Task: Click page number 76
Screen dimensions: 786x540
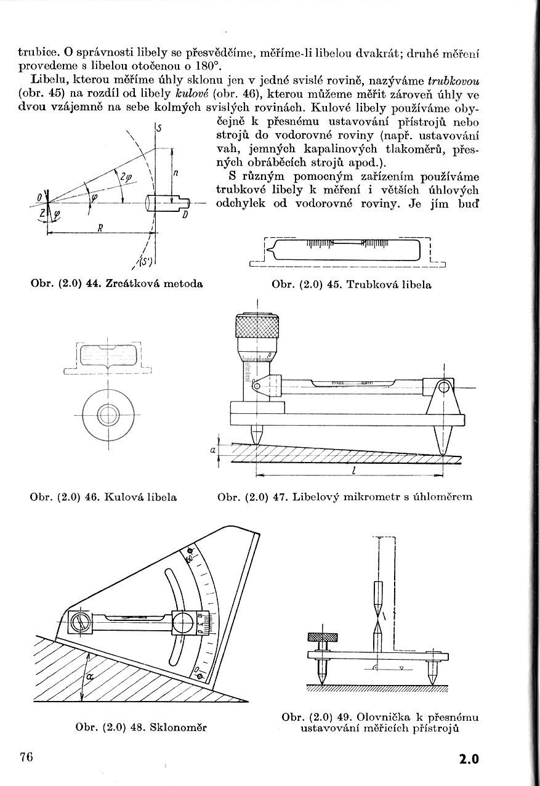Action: [25, 757]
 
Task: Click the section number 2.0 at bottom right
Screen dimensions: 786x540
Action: [468, 759]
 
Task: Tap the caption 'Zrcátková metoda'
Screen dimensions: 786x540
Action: [155, 284]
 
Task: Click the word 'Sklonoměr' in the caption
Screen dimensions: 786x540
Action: [178, 727]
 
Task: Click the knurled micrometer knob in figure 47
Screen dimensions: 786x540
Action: [257, 325]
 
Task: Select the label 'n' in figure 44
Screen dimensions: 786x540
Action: [175, 174]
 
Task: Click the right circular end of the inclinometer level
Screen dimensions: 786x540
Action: [184, 623]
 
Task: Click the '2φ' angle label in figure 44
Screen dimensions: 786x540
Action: [126, 177]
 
